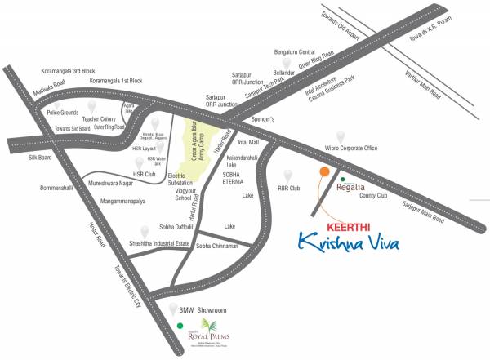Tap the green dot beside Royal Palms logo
180,327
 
